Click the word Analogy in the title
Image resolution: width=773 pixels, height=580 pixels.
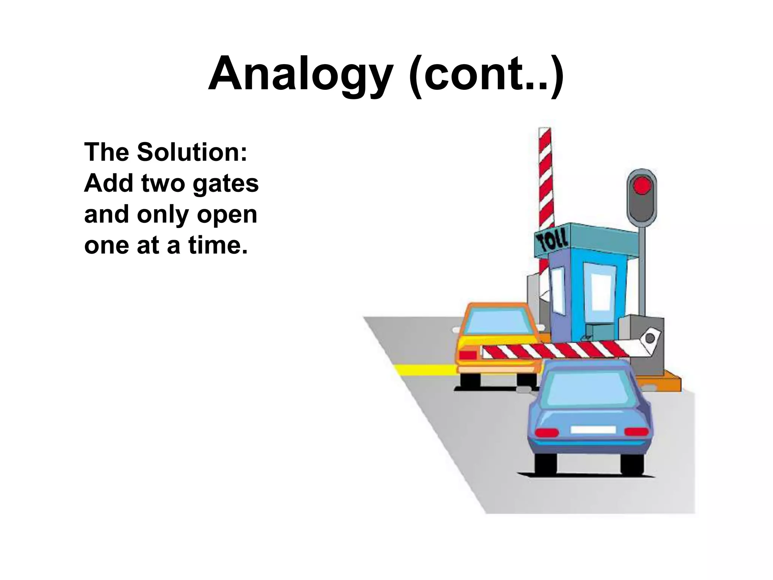point(300,74)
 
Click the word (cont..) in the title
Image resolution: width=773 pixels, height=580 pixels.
point(487,74)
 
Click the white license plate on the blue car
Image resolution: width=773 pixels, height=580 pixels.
point(593,430)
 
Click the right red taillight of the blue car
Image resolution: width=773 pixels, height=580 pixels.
point(636,432)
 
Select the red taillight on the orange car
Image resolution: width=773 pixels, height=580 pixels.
point(468,355)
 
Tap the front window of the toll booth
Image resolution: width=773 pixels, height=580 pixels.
point(603,291)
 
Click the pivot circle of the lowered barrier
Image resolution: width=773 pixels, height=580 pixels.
point(650,338)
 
